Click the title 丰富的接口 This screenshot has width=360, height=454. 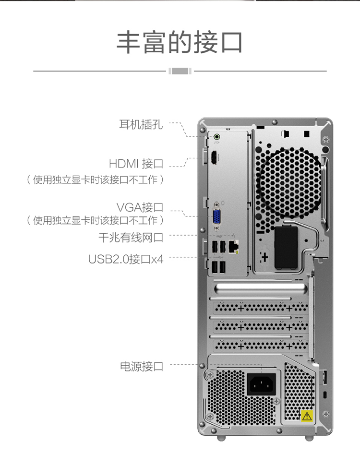[180, 42]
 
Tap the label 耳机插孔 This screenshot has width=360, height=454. [141, 124]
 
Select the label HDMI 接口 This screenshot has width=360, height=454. [136, 164]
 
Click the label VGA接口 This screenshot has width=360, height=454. [140, 207]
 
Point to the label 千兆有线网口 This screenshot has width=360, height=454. [131, 238]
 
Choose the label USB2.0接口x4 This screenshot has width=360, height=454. [126, 259]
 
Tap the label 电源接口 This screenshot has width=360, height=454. [142, 367]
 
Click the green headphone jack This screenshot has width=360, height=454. [216, 137]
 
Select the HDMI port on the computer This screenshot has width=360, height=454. [214, 158]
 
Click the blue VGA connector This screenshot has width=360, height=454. [216, 217]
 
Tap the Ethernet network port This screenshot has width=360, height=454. [233, 246]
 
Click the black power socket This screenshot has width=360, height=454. [261, 384]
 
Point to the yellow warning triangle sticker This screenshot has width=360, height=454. [307, 416]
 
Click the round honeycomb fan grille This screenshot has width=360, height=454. [289, 182]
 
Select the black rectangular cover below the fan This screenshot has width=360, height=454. [286, 248]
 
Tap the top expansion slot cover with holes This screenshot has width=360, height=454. [260, 308]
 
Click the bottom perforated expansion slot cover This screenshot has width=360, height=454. [260, 345]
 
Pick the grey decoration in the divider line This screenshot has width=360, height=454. [180, 71]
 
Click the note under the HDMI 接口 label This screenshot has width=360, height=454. [96, 180]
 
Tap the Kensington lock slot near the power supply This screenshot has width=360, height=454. [325, 394]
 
